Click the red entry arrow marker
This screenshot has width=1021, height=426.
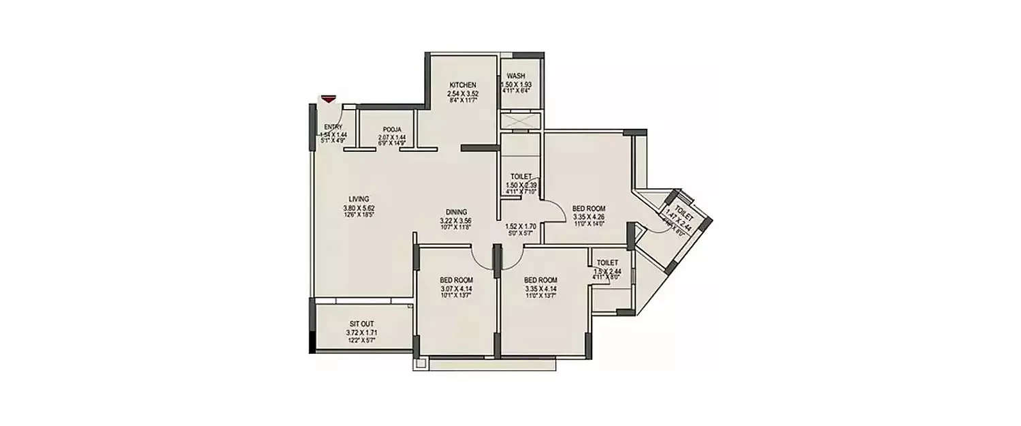[x=329, y=100]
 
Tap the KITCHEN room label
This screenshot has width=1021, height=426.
[x=462, y=85]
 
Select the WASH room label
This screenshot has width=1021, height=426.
[x=515, y=76]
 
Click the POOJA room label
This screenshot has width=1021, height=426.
[x=391, y=129]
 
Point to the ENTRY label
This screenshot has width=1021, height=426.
[x=334, y=127]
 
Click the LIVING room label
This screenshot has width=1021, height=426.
[x=358, y=199]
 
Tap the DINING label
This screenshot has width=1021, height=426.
[x=456, y=212]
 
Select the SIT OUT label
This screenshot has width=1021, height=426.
[x=361, y=324]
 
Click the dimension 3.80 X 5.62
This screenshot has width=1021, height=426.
[x=358, y=207]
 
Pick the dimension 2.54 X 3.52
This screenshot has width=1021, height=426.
[x=462, y=93]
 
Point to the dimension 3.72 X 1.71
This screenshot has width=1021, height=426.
[x=361, y=332]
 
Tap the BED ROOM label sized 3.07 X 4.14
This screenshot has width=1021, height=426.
[x=456, y=280]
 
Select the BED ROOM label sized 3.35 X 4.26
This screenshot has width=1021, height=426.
[x=589, y=209]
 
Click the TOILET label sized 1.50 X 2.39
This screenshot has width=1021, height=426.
[x=521, y=177]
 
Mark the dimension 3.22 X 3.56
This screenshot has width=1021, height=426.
[x=456, y=220]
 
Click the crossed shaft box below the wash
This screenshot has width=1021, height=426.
[x=520, y=121]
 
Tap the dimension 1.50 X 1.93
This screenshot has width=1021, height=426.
[x=515, y=84]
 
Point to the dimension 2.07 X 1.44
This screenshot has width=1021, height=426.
[x=391, y=136]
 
